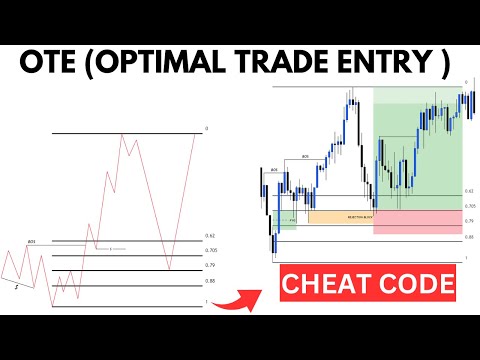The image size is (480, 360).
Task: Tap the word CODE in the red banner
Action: click(x=415, y=285)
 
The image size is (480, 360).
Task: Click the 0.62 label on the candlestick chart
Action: click(x=469, y=191)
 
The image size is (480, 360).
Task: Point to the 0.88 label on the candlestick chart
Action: click(x=469, y=237)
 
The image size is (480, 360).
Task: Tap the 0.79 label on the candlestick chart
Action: click(x=469, y=221)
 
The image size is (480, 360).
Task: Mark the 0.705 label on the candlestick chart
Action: click(x=469, y=205)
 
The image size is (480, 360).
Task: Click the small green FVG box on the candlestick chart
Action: click(x=288, y=218)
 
